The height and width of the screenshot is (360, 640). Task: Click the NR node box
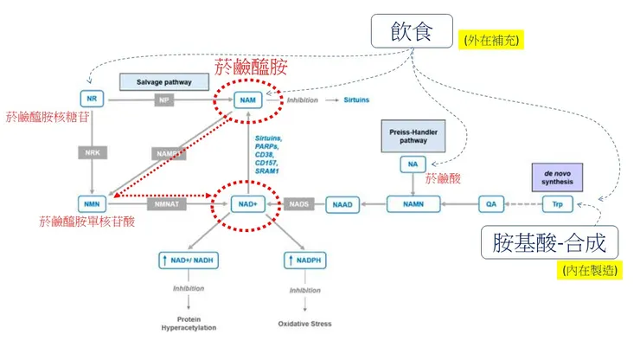(x=93, y=100)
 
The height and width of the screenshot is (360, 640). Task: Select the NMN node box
(x=93, y=205)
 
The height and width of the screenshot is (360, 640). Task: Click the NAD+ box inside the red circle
(x=248, y=205)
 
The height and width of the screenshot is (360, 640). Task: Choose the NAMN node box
(x=412, y=205)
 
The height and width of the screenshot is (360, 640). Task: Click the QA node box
(x=490, y=205)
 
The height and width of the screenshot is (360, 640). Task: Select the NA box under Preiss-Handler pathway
(x=412, y=164)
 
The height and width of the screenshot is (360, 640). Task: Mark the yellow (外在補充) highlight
(x=494, y=40)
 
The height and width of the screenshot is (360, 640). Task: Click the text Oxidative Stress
(x=304, y=325)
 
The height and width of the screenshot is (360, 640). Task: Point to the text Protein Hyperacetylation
(x=189, y=324)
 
